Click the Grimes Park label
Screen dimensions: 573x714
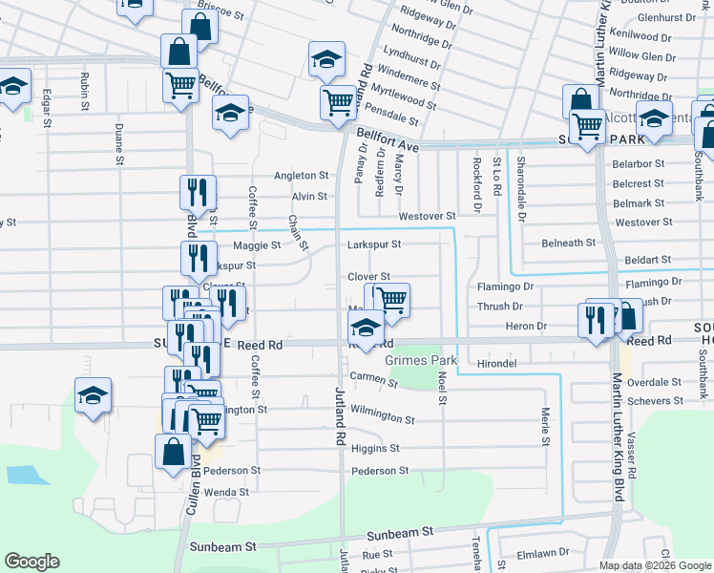pyautogui.click(x=420, y=361)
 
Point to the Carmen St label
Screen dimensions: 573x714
pyautogui.click(x=373, y=381)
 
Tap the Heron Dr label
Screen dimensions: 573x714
pyautogui.click(x=528, y=327)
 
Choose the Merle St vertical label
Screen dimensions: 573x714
pyautogui.click(x=546, y=426)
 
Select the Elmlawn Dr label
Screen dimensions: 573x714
pyautogui.click(x=542, y=552)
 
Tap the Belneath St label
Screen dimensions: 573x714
pyautogui.click(x=569, y=244)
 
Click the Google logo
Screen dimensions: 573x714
pyautogui.click(x=31, y=562)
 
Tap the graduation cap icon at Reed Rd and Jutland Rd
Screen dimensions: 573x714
pyautogui.click(x=366, y=329)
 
